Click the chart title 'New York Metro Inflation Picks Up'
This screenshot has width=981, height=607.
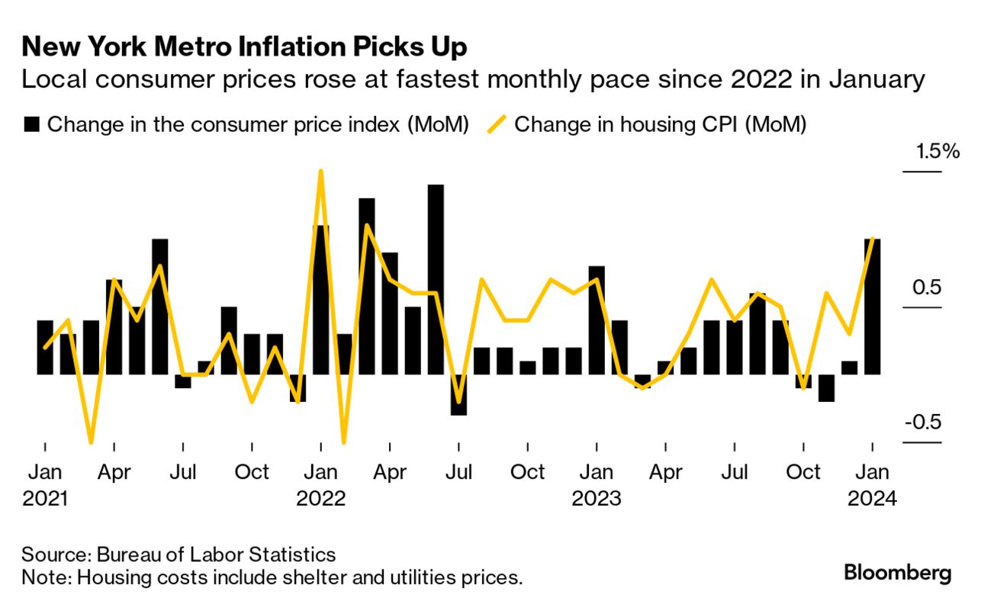coord(244,47)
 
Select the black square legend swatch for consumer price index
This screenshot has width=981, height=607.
coord(31,125)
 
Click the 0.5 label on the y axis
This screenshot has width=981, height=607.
coord(922,288)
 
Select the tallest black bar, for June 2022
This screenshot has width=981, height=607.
coord(436,279)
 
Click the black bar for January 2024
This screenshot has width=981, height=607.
coord(872,307)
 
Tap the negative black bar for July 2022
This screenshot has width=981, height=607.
coord(458,394)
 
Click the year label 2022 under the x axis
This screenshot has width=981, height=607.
coord(321,499)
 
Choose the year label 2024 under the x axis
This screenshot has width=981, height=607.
coord(873,499)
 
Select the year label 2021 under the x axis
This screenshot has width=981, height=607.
coord(46,499)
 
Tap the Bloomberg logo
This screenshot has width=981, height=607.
coord(897,572)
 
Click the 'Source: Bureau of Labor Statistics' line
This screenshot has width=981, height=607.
coord(179,554)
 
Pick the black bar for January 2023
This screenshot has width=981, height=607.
coord(597,320)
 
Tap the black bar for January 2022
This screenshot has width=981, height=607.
coord(321,300)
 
